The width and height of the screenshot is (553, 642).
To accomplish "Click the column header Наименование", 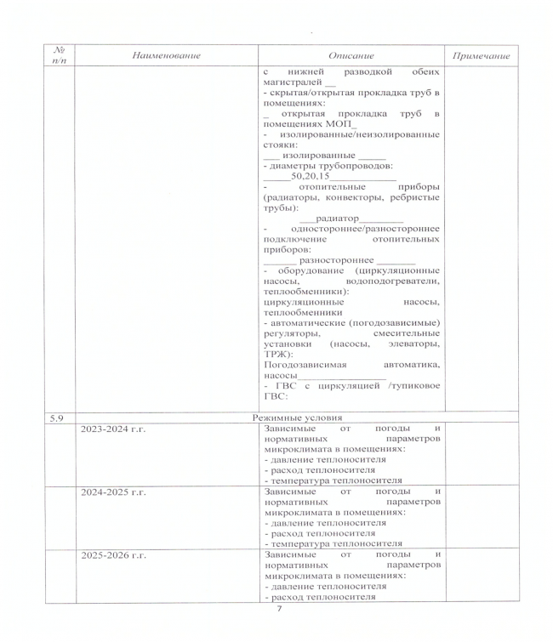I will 166,55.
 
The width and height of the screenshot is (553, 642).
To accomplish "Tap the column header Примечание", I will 481,56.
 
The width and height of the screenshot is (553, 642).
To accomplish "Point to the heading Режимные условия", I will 297,418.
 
